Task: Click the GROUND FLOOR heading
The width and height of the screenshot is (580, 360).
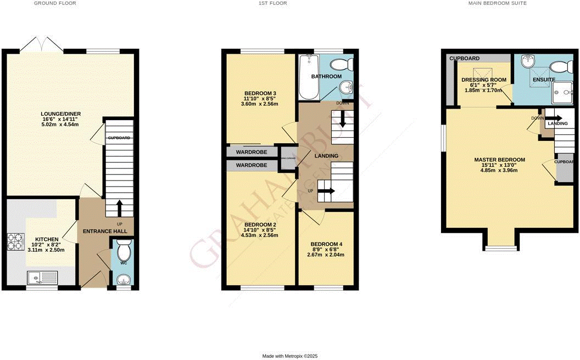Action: tap(55, 3)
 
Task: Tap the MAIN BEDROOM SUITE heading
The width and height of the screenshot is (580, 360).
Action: tap(497, 3)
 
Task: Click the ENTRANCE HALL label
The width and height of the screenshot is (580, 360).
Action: tap(105, 232)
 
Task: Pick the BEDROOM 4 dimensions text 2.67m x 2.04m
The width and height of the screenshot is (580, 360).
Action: tap(327, 255)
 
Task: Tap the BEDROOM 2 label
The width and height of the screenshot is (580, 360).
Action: tap(260, 225)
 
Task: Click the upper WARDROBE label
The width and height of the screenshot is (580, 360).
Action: tap(252, 151)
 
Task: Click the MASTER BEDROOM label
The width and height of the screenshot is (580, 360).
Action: tap(499, 160)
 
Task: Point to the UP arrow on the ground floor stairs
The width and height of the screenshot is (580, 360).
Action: tap(119, 209)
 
